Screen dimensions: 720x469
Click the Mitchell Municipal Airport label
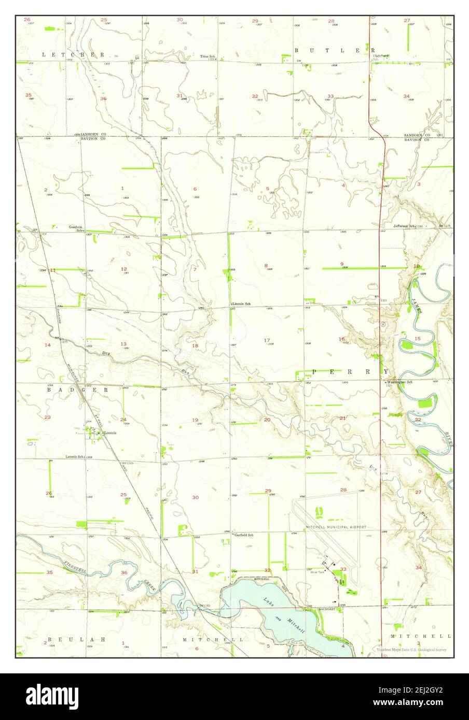[x=328, y=526]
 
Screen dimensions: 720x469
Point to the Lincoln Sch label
[x=241, y=304]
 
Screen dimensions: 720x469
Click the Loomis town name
[x=109, y=433]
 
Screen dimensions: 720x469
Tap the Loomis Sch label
[x=75, y=457]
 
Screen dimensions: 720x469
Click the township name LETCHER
[x=73, y=54]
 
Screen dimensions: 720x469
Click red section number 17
[x=267, y=340]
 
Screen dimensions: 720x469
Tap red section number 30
[x=196, y=497]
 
